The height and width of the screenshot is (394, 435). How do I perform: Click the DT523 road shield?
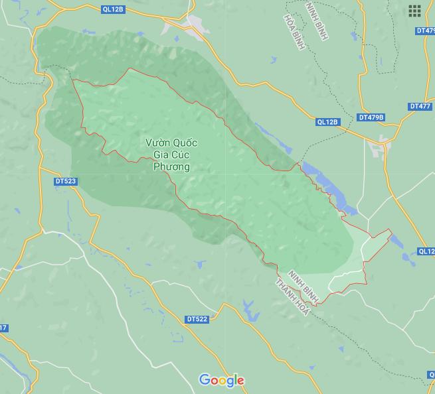[x=66, y=181]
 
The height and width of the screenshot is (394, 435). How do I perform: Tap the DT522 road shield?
[x=197, y=319]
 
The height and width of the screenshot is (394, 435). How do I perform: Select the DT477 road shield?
[x=420, y=106]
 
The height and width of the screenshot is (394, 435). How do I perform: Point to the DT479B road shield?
[x=371, y=117]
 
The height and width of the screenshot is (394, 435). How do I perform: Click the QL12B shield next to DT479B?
[x=327, y=122]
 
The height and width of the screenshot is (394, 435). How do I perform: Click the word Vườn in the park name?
[x=159, y=143]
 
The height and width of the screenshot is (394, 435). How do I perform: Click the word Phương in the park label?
[x=171, y=167]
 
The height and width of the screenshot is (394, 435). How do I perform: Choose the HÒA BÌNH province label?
[x=291, y=29]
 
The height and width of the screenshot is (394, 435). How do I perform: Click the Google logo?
[x=222, y=380]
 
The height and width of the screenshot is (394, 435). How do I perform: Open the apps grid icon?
[x=415, y=11]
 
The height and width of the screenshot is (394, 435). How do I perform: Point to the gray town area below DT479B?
[x=383, y=147]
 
